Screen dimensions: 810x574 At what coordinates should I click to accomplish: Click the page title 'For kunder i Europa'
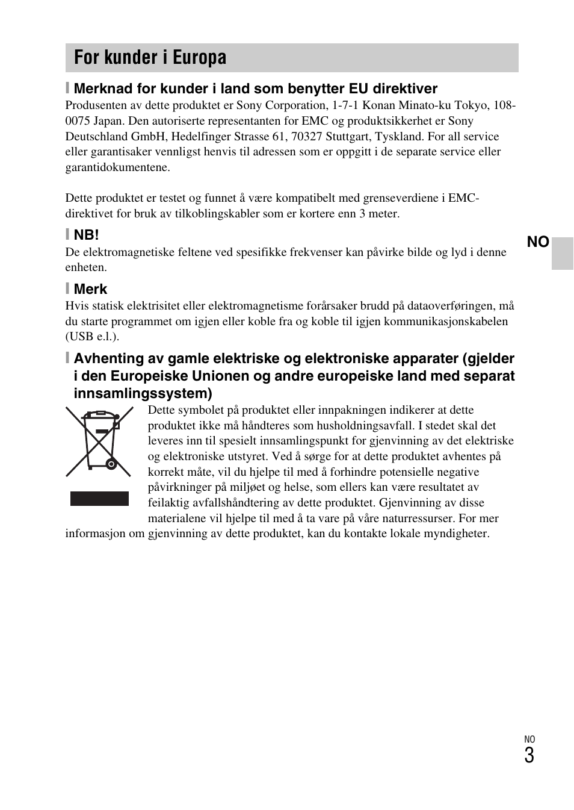[150, 58]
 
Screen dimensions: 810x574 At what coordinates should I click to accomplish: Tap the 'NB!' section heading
[86, 235]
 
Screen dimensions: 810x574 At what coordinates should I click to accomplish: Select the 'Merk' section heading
[90, 289]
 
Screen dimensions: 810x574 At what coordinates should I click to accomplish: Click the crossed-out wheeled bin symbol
[99, 441]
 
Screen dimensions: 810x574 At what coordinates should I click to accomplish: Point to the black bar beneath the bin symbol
[99, 499]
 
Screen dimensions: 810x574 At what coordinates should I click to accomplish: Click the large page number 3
[529, 756]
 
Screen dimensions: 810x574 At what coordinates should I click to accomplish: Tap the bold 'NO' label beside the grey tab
[538, 242]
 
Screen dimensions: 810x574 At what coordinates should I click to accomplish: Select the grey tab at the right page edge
[563, 253]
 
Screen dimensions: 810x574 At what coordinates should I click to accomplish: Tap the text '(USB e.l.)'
[92, 337]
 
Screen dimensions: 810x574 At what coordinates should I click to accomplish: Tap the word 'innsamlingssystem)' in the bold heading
[143, 394]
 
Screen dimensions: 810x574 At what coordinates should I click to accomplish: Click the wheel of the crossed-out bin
[110, 464]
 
